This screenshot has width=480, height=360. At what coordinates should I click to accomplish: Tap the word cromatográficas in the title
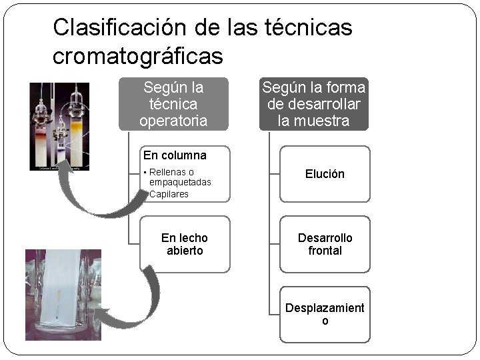[137, 57]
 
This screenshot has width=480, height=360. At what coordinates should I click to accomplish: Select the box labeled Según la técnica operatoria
[173, 104]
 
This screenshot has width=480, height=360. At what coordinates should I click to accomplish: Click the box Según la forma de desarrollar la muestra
[314, 104]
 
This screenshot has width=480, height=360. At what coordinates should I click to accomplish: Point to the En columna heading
[175, 155]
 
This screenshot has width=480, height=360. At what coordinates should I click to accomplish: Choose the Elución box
[325, 174]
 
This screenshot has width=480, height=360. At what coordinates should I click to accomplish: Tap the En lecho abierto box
[185, 244]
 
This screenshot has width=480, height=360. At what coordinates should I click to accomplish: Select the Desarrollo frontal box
[325, 244]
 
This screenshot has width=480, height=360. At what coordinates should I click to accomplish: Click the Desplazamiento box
[325, 314]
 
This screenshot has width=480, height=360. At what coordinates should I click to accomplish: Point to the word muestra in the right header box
[325, 121]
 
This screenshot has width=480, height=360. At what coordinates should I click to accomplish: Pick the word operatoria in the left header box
[173, 121]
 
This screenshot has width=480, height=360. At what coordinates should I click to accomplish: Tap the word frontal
[325, 251]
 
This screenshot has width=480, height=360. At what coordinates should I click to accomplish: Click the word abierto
[185, 251]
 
